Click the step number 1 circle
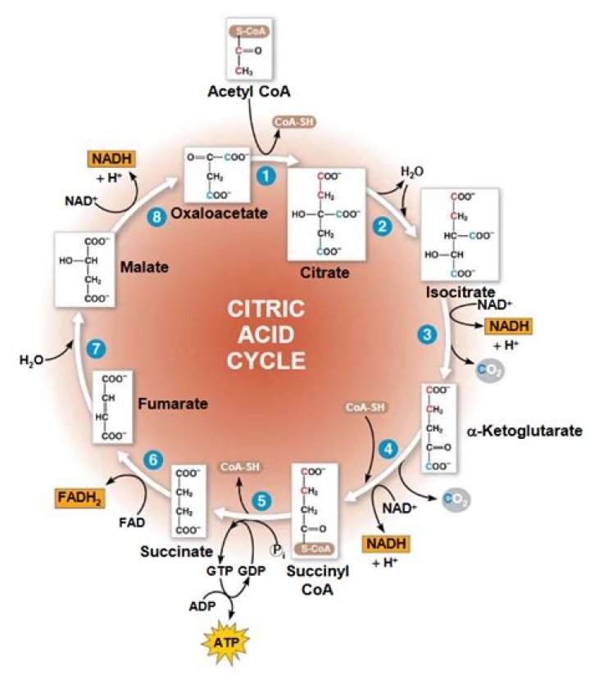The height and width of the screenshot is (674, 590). coord(265,175)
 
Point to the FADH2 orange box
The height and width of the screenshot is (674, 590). coord(84,496)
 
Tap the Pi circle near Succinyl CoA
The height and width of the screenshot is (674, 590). coord(278,552)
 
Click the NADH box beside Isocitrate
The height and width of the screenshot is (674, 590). coord(509,327)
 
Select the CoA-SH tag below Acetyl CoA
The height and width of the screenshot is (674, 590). coord(295,123)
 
